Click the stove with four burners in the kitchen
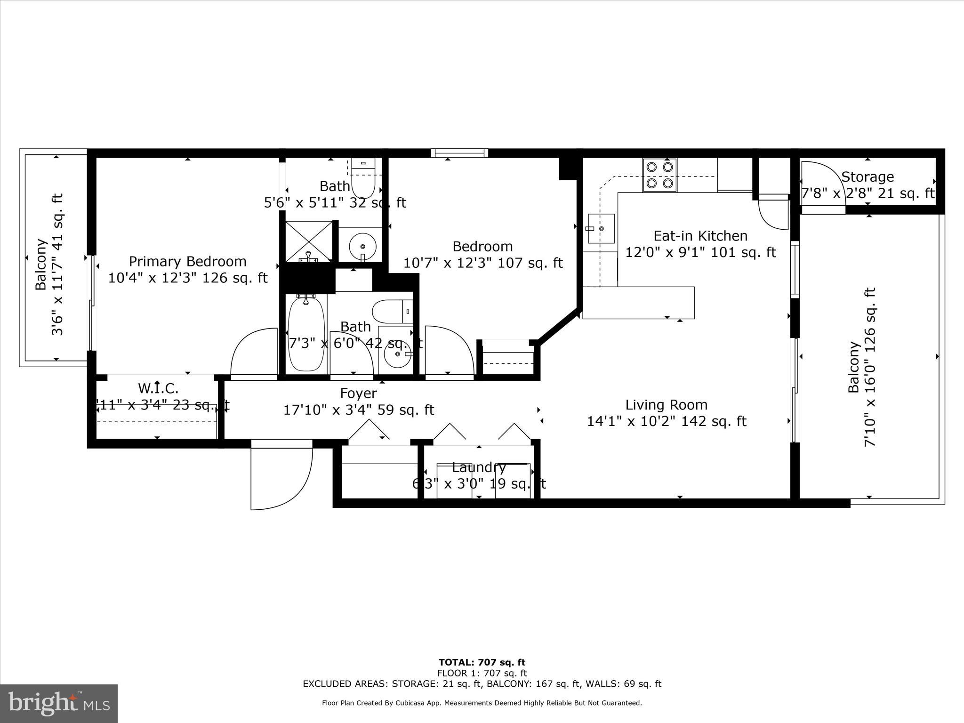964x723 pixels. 660,175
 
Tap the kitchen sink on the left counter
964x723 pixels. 601,228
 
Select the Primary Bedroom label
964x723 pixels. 187,261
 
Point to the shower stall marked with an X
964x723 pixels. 308,241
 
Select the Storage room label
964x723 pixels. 867,177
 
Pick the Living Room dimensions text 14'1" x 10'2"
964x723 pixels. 666,421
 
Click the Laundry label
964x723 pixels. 479,467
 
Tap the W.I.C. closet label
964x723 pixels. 158,388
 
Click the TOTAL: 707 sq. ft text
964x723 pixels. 482,663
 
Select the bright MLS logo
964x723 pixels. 59,704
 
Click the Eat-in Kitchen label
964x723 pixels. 700,235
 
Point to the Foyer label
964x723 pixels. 358,393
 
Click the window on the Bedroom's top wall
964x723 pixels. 459,153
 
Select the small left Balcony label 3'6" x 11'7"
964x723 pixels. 49,264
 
